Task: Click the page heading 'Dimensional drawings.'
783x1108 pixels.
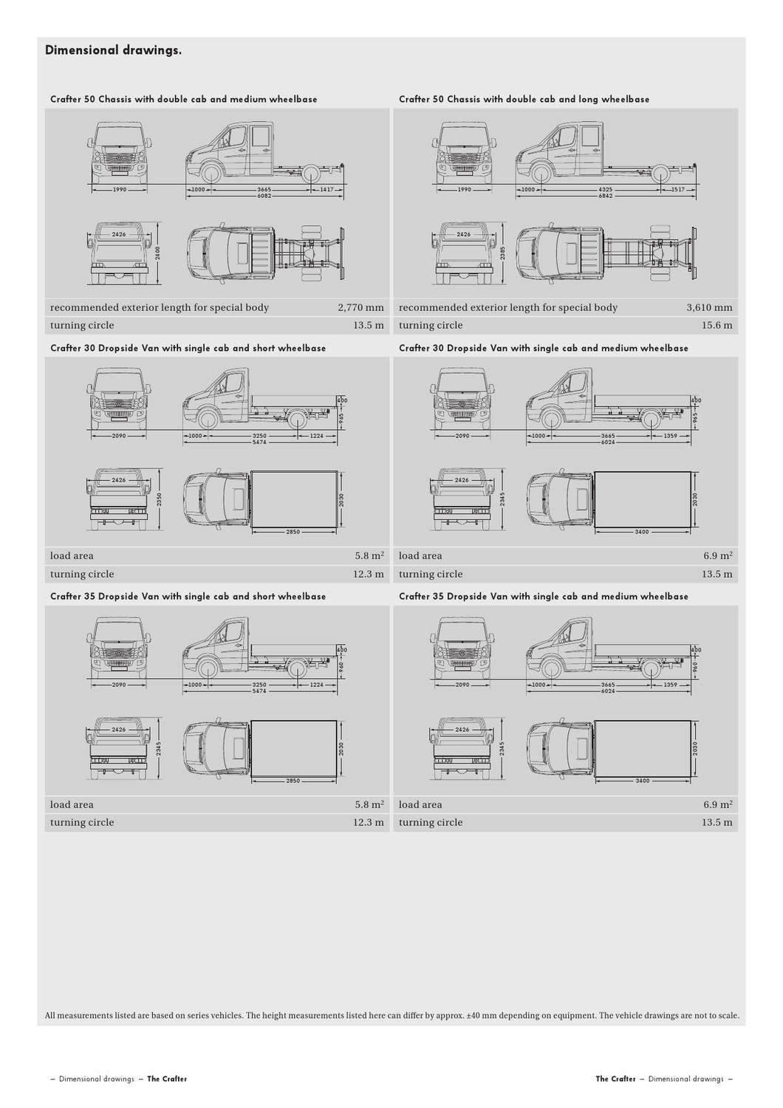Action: click(x=113, y=50)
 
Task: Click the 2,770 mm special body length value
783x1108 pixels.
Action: click(x=360, y=307)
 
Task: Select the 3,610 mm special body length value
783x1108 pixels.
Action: click(x=709, y=307)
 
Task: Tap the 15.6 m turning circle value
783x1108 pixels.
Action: click(x=717, y=325)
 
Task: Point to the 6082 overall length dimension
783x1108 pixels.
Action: click(x=264, y=196)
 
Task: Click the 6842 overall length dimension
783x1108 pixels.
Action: click(x=606, y=196)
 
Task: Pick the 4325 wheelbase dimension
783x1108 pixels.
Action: click(x=606, y=190)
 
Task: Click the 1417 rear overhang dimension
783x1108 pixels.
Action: click(x=326, y=190)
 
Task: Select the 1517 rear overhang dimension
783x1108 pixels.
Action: click(x=678, y=190)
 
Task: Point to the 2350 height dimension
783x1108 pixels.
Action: click(x=159, y=500)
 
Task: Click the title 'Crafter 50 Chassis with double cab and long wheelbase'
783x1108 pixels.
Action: click(x=524, y=99)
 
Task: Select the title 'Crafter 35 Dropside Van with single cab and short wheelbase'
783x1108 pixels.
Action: click(x=188, y=596)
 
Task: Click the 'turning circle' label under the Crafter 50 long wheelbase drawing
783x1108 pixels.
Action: click(x=431, y=325)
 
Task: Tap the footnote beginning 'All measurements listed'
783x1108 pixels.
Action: click(x=391, y=1015)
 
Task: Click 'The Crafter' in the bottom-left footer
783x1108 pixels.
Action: click(x=167, y=1079)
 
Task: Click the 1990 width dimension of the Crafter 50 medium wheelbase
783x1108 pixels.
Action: click(x=119, y=190)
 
